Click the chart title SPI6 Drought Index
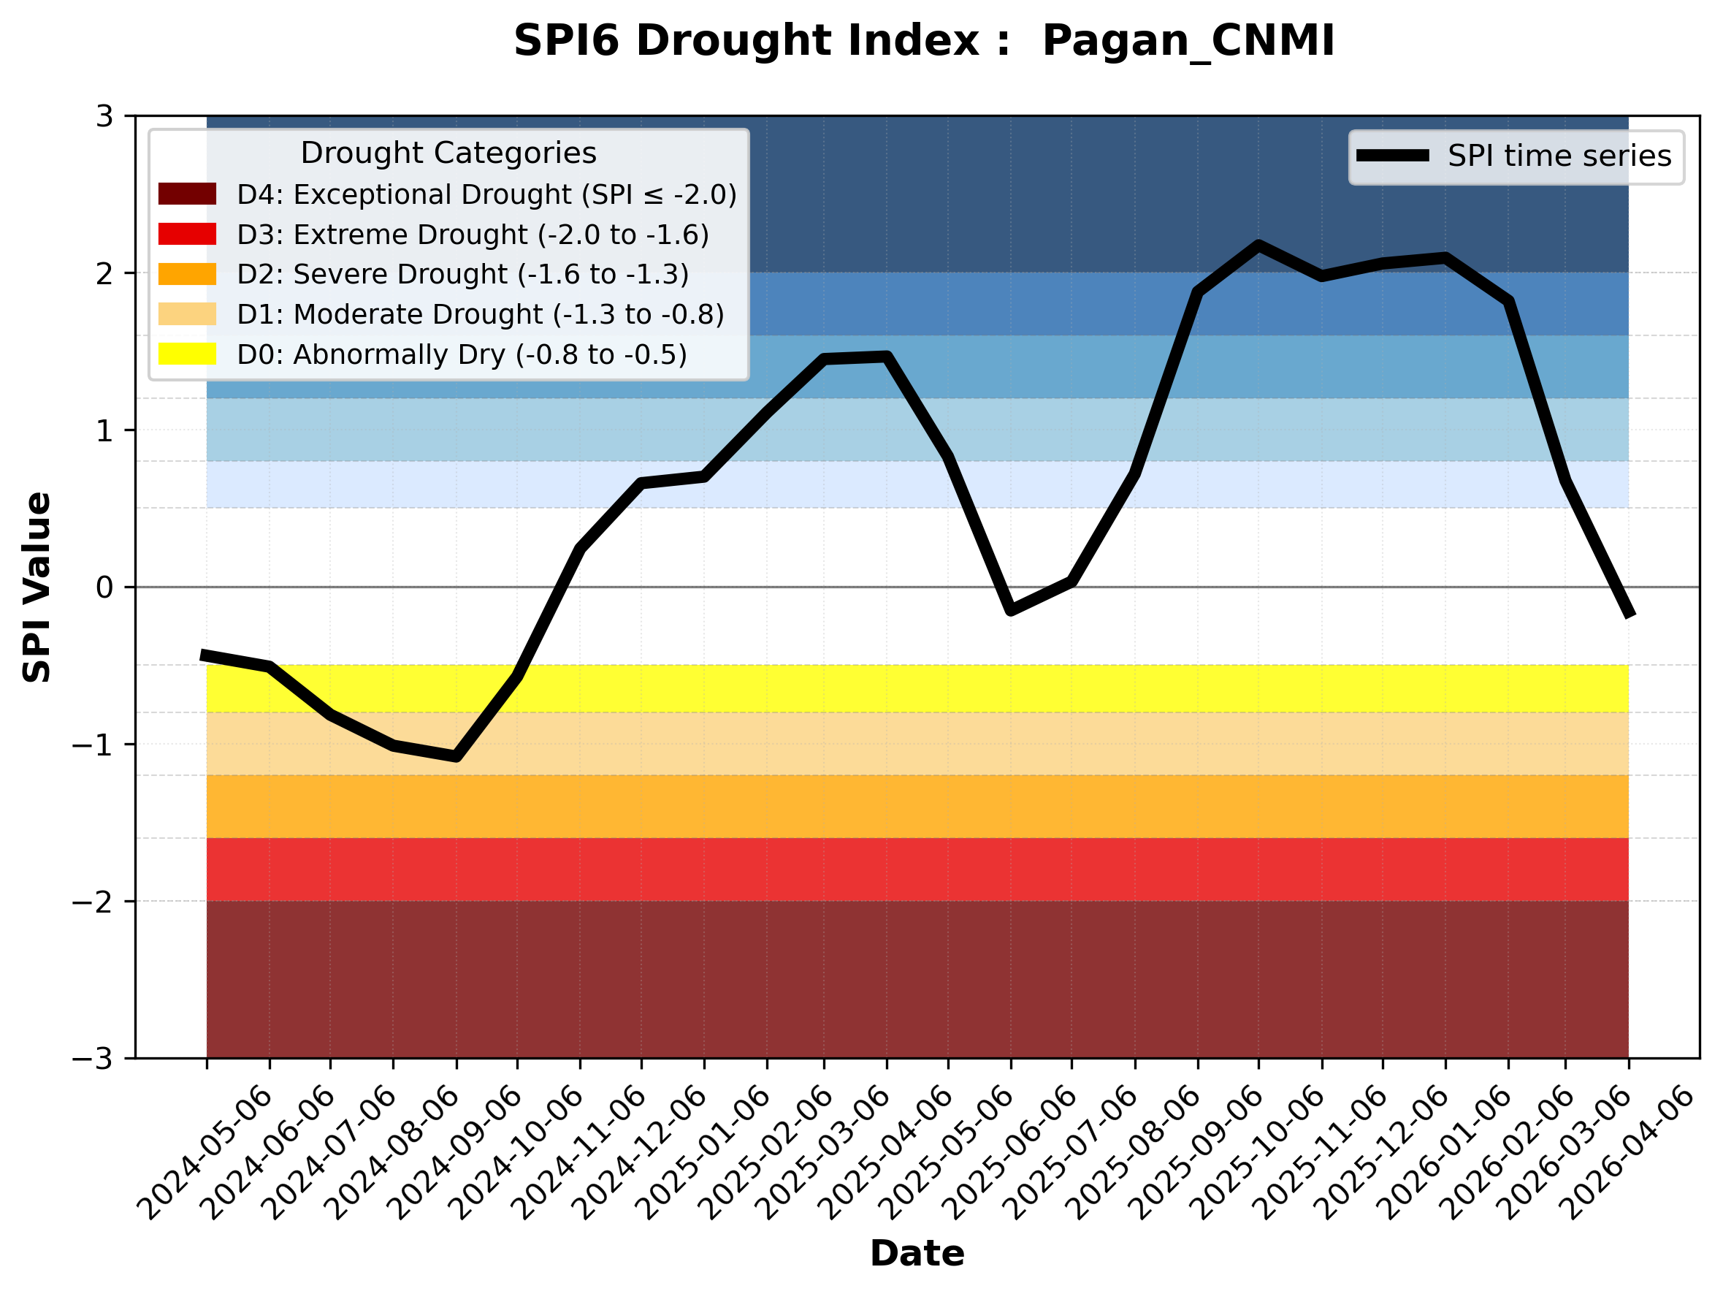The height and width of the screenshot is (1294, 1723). click(x=924, y=40)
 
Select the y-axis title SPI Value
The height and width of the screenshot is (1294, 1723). click(x=37, y=587)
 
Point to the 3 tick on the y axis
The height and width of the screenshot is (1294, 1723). click(x=105, y=116)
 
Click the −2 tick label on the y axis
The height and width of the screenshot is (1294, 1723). click(x=93, y=902)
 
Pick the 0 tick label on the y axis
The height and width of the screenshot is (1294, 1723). click(x=105, y=587)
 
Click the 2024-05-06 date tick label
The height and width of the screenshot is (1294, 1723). click(x=207, y=1153)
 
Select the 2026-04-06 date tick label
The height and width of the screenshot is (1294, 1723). click(x=1630, y=1153)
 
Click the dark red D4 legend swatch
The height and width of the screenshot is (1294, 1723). click(x=187, y=194)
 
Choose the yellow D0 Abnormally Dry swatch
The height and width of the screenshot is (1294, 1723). click(x=187, y=354)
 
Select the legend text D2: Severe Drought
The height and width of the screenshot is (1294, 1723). click(x=462, y=274)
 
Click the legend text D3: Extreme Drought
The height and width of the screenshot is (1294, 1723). click(x=473, y=235)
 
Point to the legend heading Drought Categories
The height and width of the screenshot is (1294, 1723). click(x=448, y=153)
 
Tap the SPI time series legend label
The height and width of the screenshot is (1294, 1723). click(x=1559, y=156)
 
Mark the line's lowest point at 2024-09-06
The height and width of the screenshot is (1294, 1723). click(x=456, y=756)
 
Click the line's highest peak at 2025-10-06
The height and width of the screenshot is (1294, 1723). click(x=1258, y=246)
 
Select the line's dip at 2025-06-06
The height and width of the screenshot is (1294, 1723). click(x=1011, y=610)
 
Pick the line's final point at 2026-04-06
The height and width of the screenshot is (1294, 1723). click(x=1628, y=614)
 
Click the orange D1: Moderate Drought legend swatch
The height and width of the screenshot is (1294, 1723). click(x=187, y=314)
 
